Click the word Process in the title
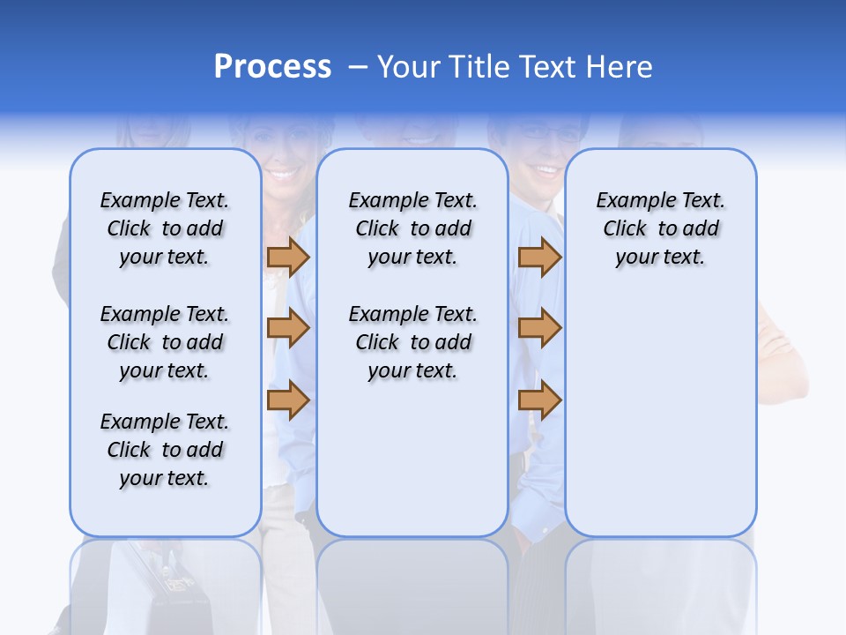pos(272,66)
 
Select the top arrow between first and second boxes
pos(288,257)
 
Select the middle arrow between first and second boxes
pos(288,328)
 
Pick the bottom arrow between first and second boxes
pos(288,400)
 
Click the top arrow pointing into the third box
pos(539,257)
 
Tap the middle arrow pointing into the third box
pos(539,328)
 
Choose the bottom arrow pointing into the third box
pos(539,400)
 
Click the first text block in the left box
pos(165,228)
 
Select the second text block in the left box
pos(165,342)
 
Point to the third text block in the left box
pos(165,450)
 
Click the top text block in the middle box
pos(412,228)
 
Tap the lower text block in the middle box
pos(412,342)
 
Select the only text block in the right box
pos(660,228)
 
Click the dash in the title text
pos(358,68)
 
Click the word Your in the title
pos(409,66)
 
